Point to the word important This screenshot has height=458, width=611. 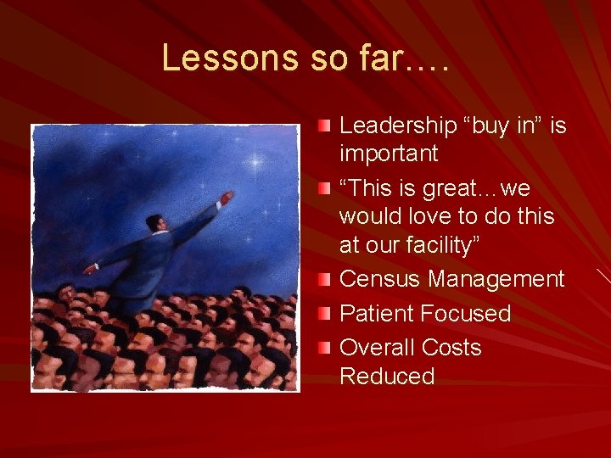389,154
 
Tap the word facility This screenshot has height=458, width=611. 446,245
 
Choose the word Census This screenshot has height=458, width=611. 380,279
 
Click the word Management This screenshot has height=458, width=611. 496,279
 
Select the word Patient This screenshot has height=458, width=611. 379,314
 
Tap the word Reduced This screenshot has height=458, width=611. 387,376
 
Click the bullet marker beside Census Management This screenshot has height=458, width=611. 326,279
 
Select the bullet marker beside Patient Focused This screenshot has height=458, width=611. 326,314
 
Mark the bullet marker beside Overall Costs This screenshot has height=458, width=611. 326,348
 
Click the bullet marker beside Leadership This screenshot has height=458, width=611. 326,126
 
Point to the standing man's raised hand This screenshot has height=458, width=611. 226,198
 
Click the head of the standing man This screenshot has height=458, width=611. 154,222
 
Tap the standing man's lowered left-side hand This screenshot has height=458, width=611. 89,269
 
